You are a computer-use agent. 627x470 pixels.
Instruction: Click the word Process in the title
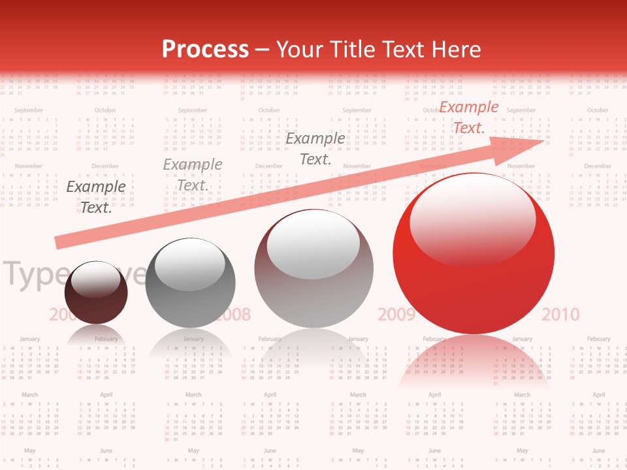[205, 50]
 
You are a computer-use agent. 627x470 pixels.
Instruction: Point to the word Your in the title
[300, 50]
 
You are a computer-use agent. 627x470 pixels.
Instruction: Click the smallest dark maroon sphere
[97, 294]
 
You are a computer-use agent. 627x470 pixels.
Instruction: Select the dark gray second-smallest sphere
[190, 283]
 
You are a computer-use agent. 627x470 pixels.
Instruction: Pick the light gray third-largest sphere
[313, 269]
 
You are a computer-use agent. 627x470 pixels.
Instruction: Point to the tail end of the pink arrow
[60, 242]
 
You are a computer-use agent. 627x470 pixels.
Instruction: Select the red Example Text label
[468, 117]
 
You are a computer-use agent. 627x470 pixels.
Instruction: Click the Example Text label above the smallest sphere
[96, 197]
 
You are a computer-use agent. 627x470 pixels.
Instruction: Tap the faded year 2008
[233, 315]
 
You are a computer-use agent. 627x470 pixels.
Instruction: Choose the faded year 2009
[396, 315]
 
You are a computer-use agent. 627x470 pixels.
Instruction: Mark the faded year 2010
[560, 315]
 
